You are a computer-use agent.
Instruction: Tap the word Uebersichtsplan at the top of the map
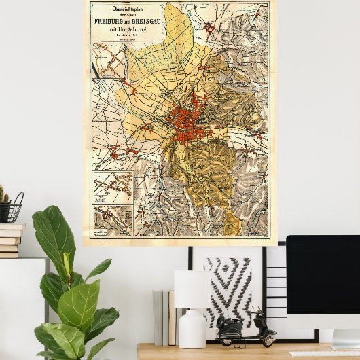tap(125, 7)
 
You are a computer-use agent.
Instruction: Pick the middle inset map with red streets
tap(113, 187)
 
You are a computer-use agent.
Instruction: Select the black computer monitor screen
tap(323, 282)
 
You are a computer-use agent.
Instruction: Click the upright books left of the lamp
tap(164, 317)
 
